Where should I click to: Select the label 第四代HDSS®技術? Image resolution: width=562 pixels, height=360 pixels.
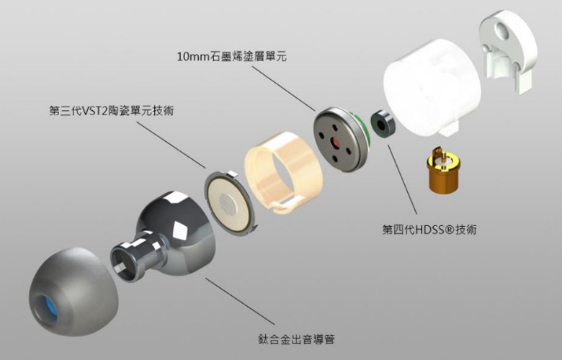429,230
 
